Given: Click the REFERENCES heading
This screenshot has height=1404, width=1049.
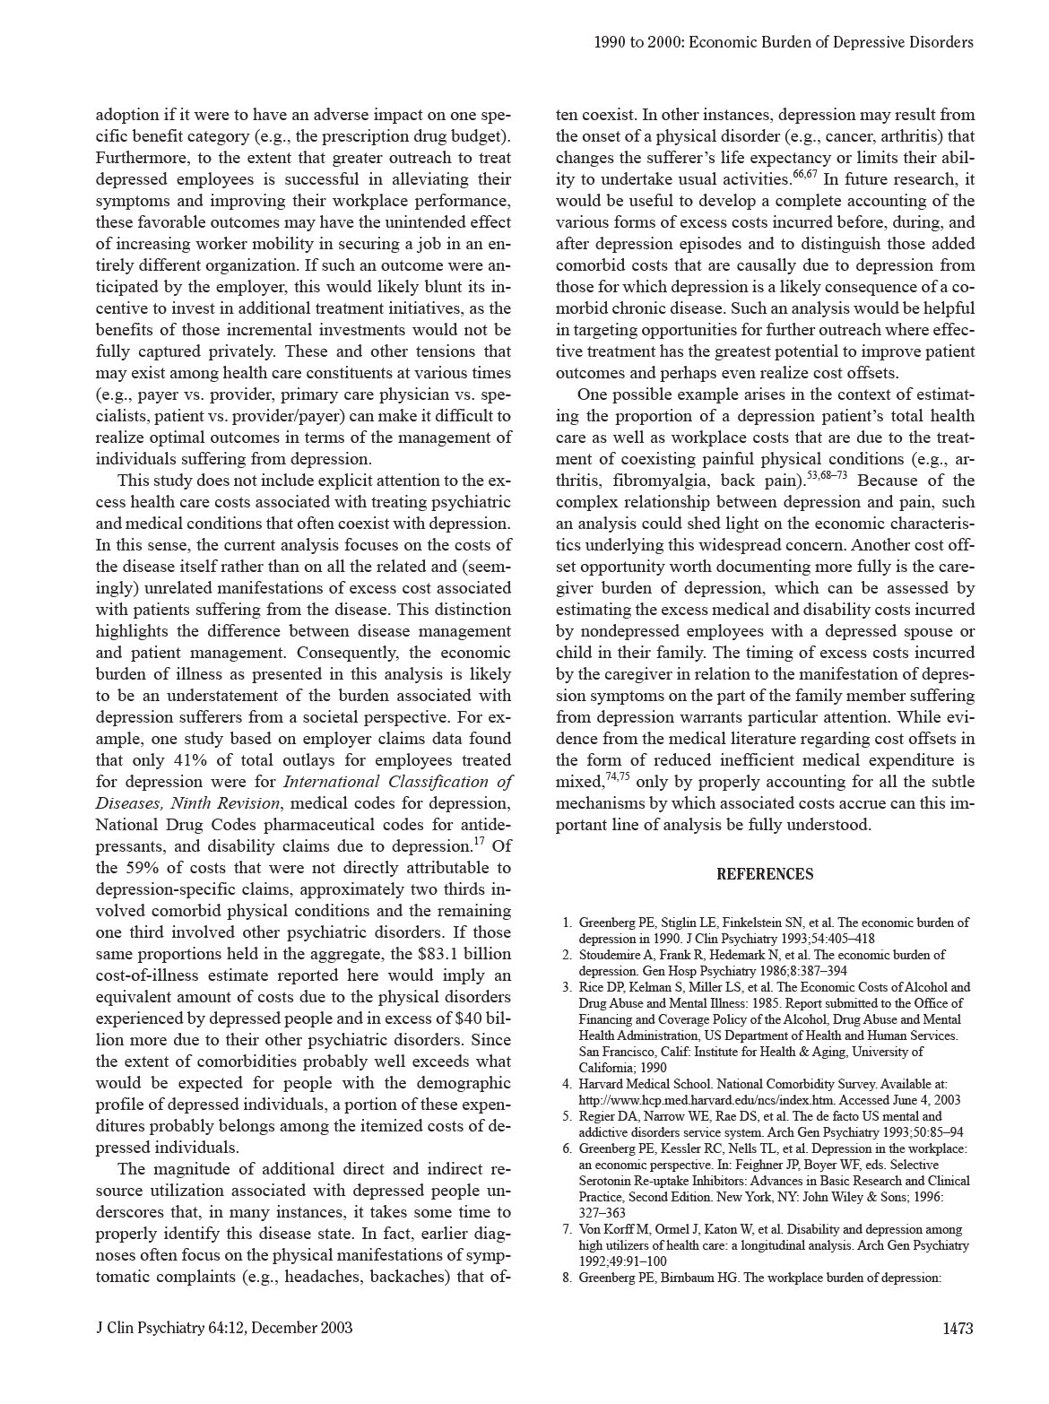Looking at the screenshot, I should [765, 875].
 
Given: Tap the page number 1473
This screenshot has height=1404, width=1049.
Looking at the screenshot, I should [958, 1328].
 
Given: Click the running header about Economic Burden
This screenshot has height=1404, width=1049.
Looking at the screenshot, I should [784, 42].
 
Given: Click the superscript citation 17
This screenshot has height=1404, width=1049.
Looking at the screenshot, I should [479, 842].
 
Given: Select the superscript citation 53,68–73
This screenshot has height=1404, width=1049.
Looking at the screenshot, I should [827, 476].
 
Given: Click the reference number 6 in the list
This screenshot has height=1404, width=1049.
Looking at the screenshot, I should [567, 1148].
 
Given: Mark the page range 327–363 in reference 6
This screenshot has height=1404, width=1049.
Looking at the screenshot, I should [603, 1213].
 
